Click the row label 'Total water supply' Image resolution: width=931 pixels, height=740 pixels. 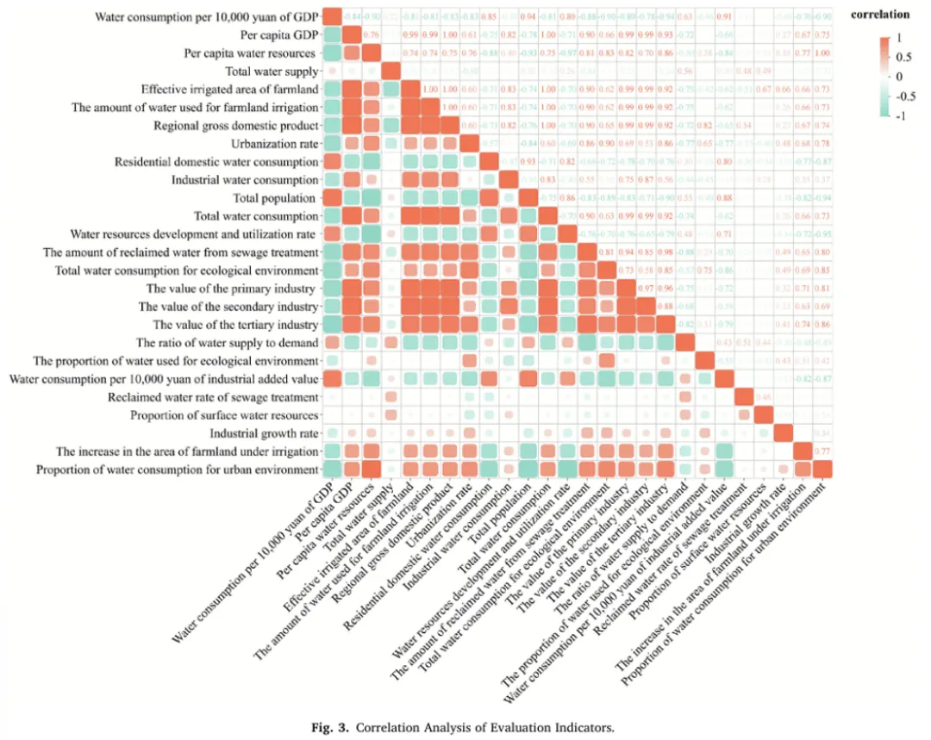[x=272, y=72]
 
